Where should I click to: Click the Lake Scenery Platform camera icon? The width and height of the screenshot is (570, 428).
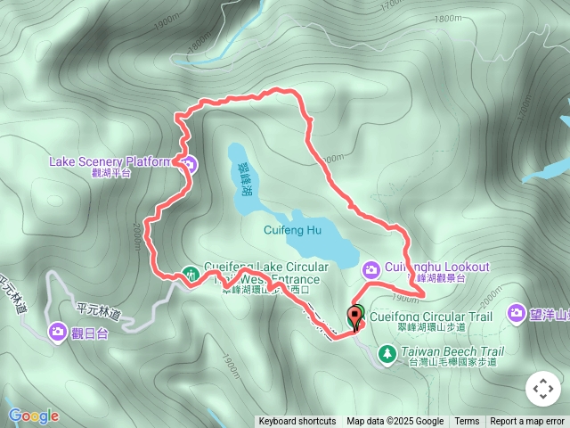tap(189, 162)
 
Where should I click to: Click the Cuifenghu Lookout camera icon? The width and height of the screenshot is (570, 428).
tap(372, 267)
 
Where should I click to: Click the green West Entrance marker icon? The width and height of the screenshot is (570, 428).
tap(190, 275)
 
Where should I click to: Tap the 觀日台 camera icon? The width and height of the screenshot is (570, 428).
tap(58, 331)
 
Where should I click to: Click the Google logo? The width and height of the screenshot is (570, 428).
tap(33, 416)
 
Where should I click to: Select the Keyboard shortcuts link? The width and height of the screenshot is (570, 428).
tap(297, 422)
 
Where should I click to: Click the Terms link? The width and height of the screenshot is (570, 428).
tap(467, 422)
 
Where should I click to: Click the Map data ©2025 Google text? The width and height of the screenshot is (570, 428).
tap(395, 422)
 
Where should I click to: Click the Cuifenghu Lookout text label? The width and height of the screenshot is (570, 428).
tap(438, 267)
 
